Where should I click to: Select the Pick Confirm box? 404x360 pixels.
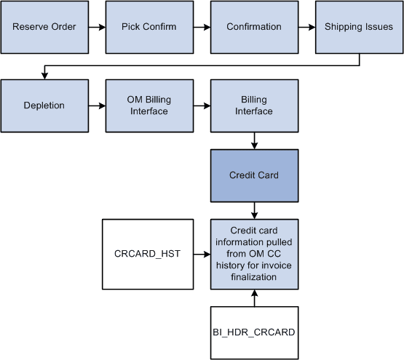tap(149, 28)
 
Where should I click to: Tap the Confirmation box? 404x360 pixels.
tap(254, 28)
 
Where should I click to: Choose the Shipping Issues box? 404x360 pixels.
tap(359, 28)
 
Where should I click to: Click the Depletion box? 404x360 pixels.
tap(44, 105)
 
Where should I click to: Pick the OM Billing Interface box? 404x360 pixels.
tap(149, 105)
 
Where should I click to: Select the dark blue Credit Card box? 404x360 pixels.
tap(254, 175)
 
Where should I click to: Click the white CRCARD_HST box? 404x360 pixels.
tap(149, 254)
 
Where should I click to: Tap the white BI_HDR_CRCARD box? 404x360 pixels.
tap(254, 332)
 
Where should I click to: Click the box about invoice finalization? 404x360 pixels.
tap(254, 254)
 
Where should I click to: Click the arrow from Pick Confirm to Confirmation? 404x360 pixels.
tap(202, 28)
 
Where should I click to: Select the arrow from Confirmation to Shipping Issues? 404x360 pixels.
tap(306, 28)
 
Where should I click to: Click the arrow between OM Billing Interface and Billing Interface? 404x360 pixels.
tap(202, 105)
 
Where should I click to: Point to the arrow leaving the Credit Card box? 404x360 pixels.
tap(254, 210)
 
